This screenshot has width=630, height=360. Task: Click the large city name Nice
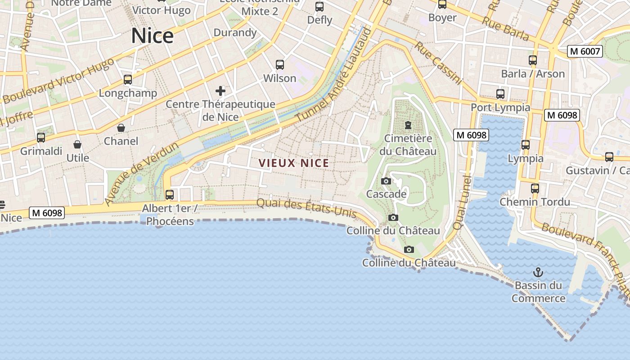click(x=152, y=36)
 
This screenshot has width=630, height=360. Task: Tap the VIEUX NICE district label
click(x=294, y=163)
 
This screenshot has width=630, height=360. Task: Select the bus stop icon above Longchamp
click(x=128, y=80)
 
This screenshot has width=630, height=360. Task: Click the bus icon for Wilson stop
click(x=280, y=65)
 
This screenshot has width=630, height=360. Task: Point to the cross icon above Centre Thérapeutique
click(x=220, y=91)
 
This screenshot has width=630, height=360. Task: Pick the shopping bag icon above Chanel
click(x=121, y=128)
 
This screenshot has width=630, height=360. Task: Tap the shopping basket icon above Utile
click(x=78, y=144)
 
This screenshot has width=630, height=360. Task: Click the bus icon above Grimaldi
click(x=41, y=138)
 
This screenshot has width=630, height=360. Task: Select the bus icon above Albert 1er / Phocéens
click(x=170, y=195)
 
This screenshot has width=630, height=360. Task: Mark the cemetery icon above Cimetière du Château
click(x=408, y=125)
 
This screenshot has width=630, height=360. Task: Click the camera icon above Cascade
click(x=386, y=181)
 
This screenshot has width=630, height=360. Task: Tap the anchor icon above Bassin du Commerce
click(x=538, y=272)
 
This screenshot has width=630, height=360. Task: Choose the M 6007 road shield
click(x=585, y=51)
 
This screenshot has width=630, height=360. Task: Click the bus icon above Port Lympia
click(x=500, y=94)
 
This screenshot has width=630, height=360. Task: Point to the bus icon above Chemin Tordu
click(x=535, y=189)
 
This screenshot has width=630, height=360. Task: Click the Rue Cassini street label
click(x=438, y=63)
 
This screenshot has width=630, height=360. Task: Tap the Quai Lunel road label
click(x=463, y=202)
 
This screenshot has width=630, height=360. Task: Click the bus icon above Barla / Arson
click(x=533, y=60)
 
